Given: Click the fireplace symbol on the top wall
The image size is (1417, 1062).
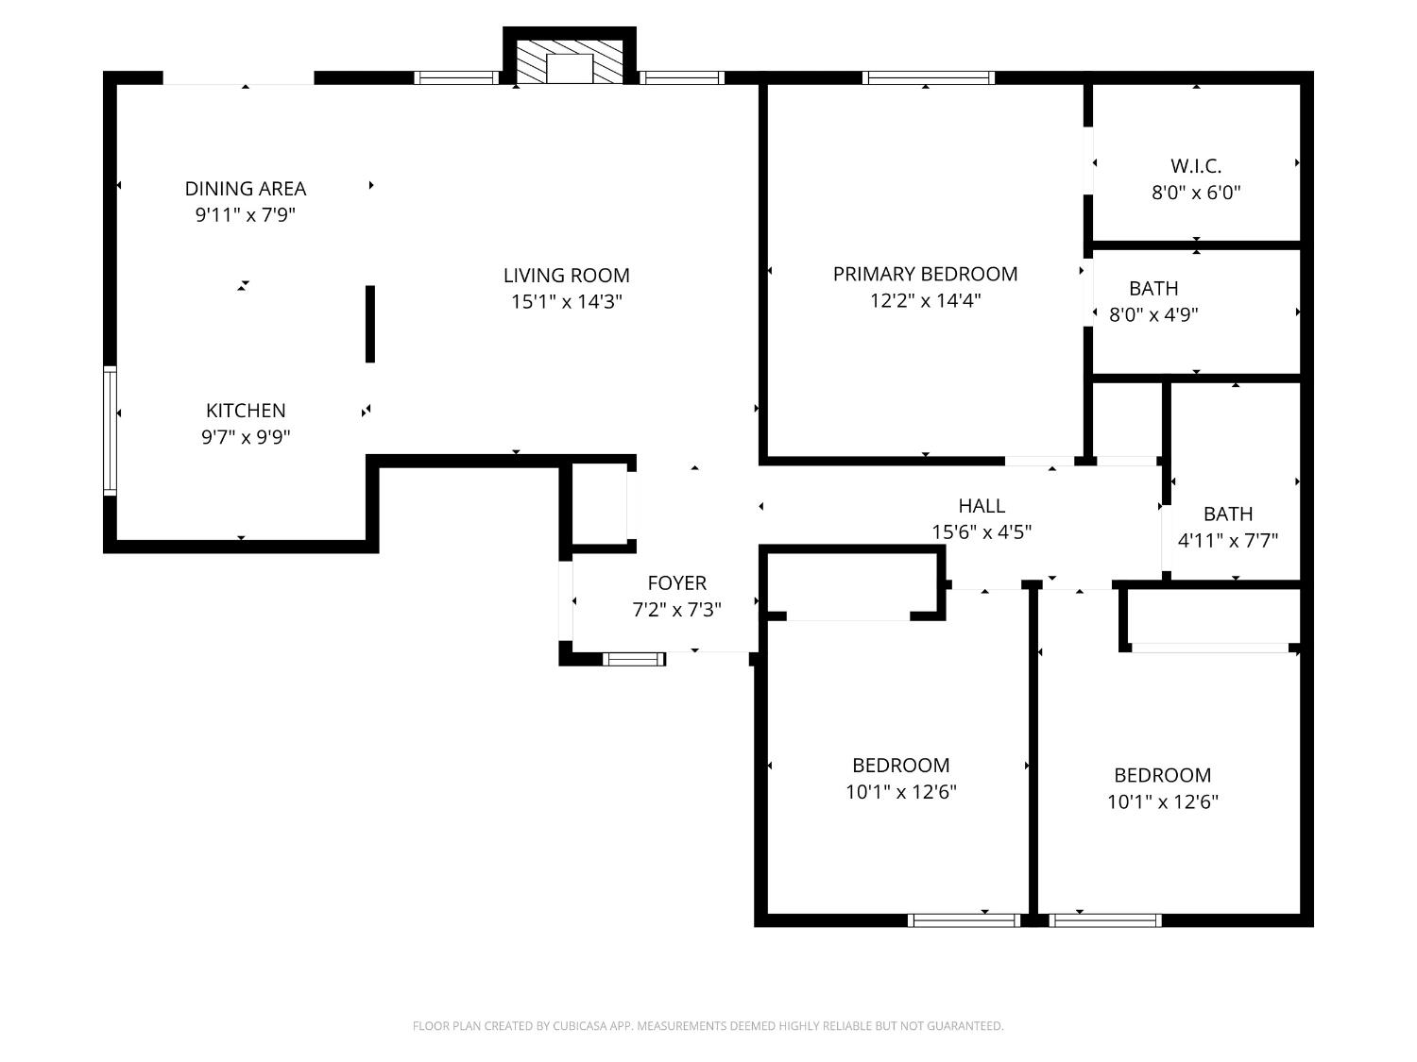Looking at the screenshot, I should [569, 62].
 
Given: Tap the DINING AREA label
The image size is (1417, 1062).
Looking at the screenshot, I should [246, 189].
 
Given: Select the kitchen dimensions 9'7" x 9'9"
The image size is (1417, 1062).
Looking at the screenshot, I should [246, 437].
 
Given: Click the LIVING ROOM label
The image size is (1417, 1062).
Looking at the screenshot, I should [566, 276].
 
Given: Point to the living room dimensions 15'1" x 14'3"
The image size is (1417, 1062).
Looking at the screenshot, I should [566, 302].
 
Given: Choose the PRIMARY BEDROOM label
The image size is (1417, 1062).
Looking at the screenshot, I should [925, 274].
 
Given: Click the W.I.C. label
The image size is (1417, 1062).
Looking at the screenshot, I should [1196, 166].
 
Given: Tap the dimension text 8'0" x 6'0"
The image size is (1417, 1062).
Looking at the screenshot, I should [1196, 193].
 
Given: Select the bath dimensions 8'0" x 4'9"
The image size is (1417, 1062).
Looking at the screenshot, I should [1153, 314].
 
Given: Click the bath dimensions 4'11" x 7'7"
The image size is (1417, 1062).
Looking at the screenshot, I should [1228, 541].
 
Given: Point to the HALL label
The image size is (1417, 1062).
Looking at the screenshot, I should [982, 505].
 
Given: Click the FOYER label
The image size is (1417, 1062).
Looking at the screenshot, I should [676, 583].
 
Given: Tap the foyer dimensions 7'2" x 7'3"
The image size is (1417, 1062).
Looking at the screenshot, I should [676, 610].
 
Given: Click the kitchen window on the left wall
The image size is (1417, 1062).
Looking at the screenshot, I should [110, 431].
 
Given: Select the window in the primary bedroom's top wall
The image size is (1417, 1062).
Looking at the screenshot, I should [928, 77].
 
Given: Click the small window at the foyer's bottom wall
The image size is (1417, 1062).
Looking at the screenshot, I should [634, 659].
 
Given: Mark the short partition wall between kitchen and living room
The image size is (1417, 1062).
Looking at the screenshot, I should [370, 324].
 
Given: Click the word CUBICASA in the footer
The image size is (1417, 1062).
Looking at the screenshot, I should [578, 1026].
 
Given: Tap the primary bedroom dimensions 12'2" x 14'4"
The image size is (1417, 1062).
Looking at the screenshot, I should [925, 301].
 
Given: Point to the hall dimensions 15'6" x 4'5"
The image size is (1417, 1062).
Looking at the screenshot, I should [982, 531].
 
